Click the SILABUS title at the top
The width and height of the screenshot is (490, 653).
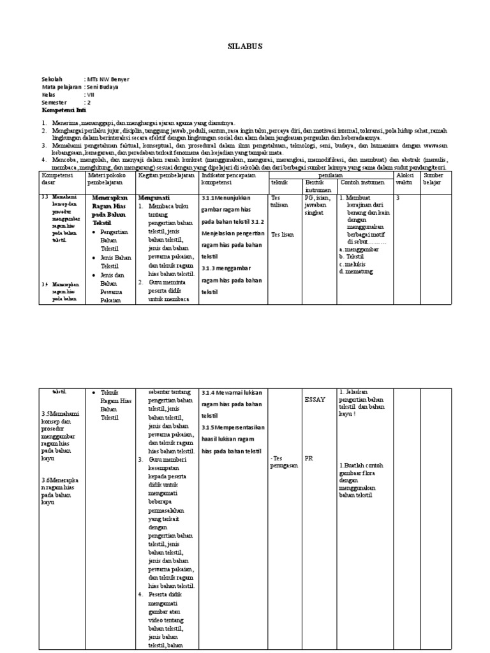pyautogui.click(x=244, y=47)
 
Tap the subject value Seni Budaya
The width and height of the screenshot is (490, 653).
pyautogui.click(x=103, y=87)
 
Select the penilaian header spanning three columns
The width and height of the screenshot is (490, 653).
pyautogui.click(x=331, y=174)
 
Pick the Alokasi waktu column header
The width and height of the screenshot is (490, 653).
pyautogui.click(x=405, y=178)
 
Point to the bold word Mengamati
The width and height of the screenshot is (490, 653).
pyautogui.click(x=154, y=198)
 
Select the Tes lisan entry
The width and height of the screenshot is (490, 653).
pyautogui.click(x=282, y=234)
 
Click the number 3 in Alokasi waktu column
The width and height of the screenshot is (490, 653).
pyautogui.click(x=398, y=198)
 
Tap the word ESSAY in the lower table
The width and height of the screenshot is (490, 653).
pyautogui.click(x=315, y=400)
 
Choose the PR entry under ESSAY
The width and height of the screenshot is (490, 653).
pyautogui.click(x=309, y=457)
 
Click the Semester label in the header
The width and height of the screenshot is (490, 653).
pyautogui.click(x=54, y=102)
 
